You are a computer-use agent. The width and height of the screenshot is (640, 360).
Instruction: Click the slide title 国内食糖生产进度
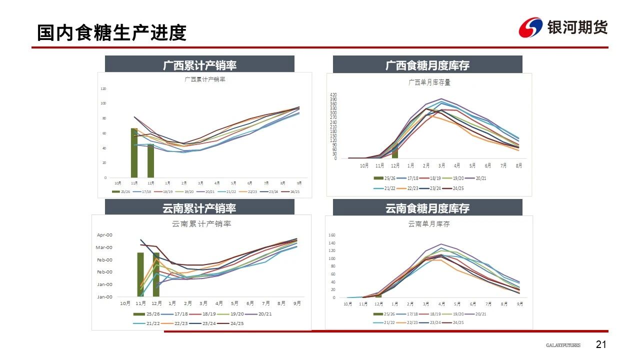pos(111,32)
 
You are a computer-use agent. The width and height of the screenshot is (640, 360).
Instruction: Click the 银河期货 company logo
pos(563,27)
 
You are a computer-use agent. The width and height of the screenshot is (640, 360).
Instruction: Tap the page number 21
pos(601,344)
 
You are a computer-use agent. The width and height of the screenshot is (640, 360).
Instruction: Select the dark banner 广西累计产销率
pos(199,64)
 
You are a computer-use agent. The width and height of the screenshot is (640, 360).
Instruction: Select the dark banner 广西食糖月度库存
pos(427,64)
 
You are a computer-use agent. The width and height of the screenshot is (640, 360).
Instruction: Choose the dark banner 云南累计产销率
pos(199,208)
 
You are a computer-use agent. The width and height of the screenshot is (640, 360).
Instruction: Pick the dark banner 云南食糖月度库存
pos(427,208)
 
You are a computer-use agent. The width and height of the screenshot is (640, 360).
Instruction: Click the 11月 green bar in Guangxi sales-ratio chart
pos(134,152)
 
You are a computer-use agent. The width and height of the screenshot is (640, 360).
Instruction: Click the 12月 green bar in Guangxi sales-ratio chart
pos(150,160)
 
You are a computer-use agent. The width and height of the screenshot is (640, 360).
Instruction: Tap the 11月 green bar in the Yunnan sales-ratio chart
pos(140,274)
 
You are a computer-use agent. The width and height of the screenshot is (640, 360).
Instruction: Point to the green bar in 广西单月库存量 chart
pos(395,149)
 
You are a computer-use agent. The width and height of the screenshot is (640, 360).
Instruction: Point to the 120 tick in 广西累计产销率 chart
pos(103,89)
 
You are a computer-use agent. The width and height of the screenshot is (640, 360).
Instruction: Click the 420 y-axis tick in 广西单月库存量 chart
pos(333,94)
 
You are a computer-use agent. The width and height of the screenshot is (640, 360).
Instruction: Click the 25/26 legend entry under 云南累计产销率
pos(146,314)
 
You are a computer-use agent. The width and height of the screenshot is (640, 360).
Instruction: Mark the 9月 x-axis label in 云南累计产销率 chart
pos(297,303)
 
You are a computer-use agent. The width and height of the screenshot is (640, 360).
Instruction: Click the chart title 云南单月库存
pos(429,224)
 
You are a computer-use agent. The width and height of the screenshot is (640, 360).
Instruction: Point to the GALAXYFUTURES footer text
pos(563,345)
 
